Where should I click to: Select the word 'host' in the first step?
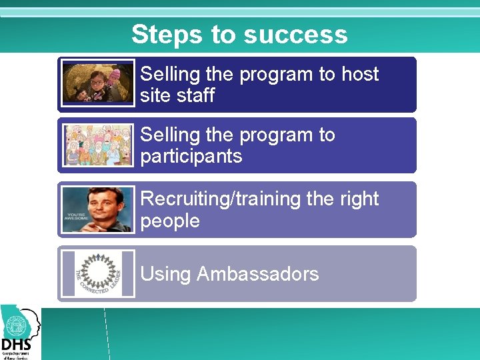click(x=359, y=74)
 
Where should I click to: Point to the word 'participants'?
click(x=191, y=157)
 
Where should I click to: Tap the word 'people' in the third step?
click(x=170, y=221)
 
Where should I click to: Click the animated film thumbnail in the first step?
click(x=97, y=84)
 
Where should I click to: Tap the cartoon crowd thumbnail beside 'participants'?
click(x=97, y=145)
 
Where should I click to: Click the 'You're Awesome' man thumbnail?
click(x=97, y=209)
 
